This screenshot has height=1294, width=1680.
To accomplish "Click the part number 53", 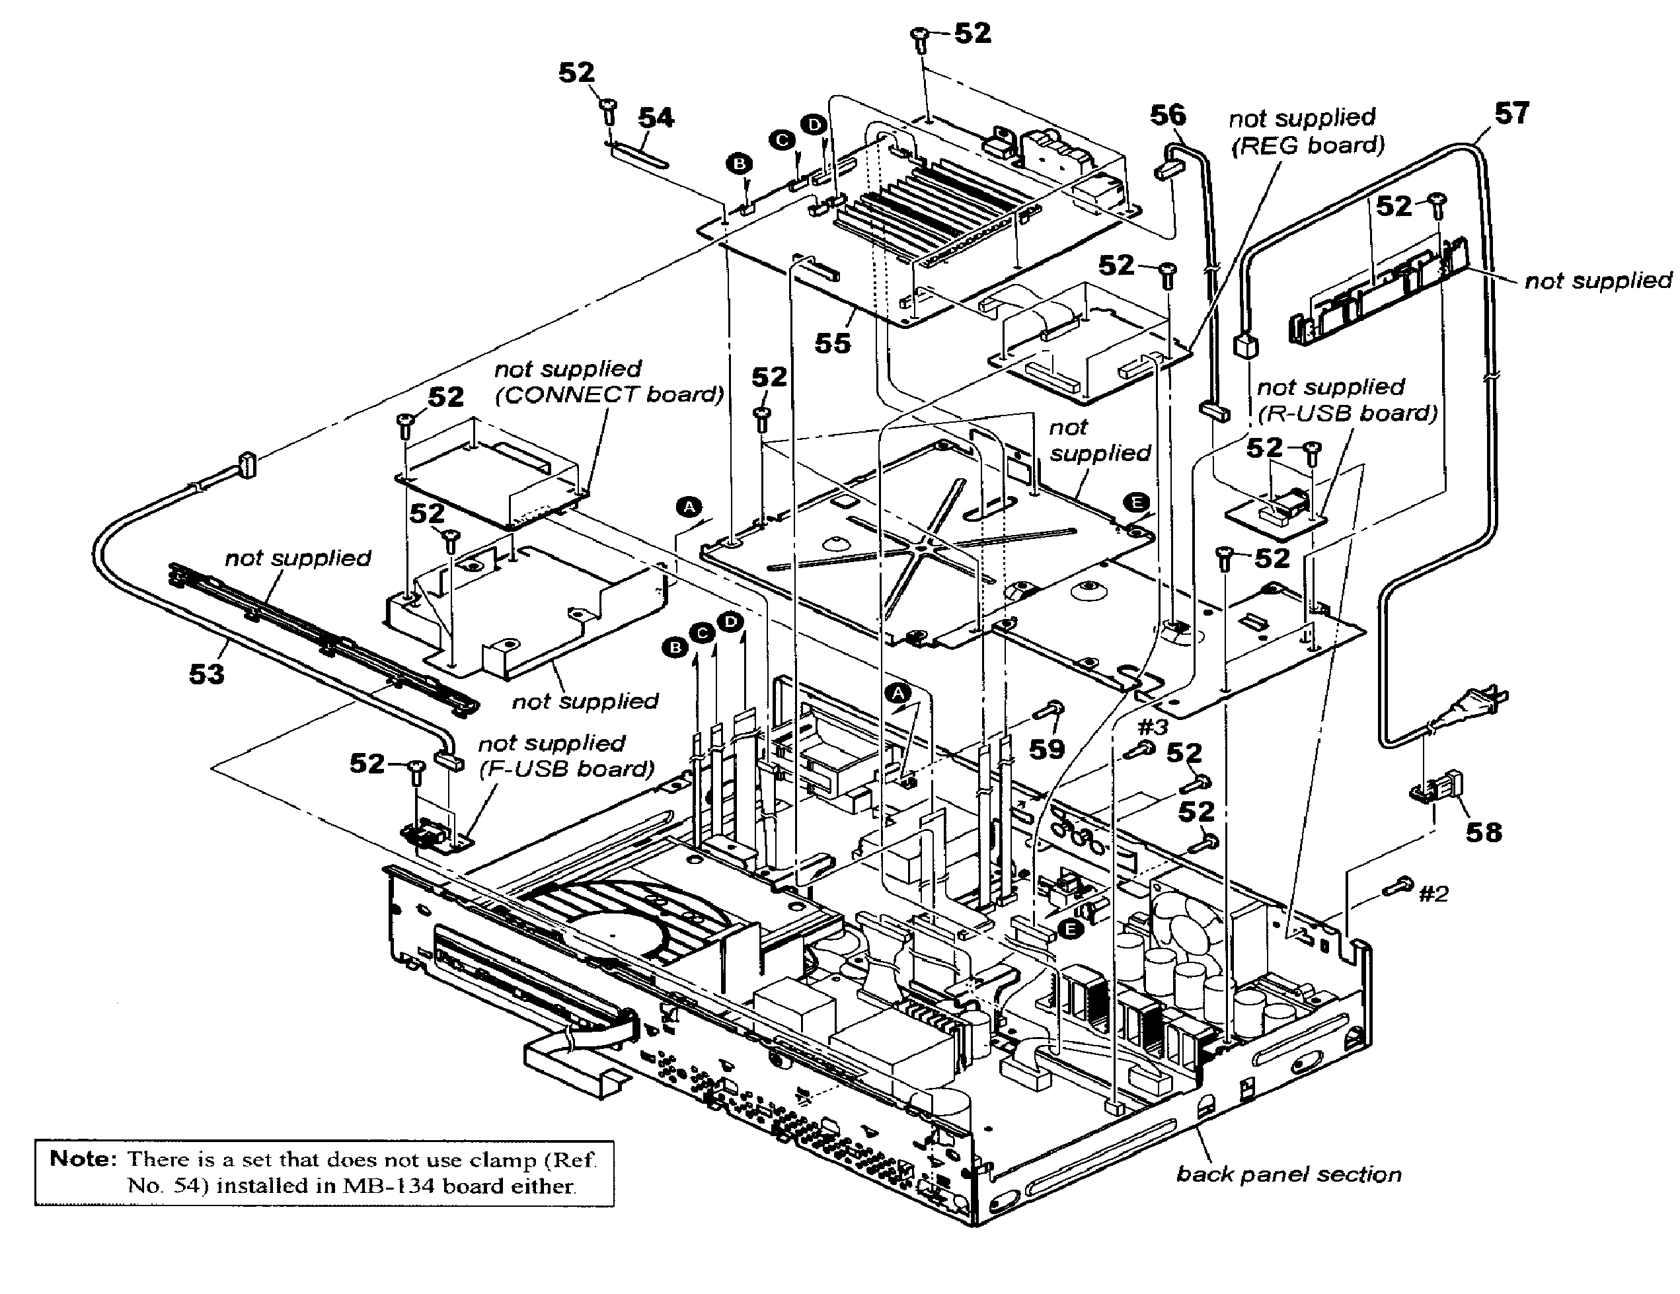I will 206,674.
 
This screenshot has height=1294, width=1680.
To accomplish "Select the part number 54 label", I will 656,118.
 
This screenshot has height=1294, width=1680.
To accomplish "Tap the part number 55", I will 832,343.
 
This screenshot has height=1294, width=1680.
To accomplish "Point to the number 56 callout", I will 1168,116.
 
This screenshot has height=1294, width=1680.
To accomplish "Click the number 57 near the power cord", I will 1511,114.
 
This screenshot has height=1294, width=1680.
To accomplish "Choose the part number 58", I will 1483,832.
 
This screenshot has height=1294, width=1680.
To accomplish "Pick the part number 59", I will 1047,749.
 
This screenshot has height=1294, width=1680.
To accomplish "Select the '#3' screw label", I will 1153,727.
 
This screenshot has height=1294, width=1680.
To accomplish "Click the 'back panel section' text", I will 1289,1174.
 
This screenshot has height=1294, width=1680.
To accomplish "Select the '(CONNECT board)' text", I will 609,394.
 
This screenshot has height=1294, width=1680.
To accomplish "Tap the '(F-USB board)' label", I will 566,769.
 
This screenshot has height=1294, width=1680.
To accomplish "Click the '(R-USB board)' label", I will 1347,413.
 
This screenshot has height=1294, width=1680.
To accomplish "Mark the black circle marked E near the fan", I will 1069,929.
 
